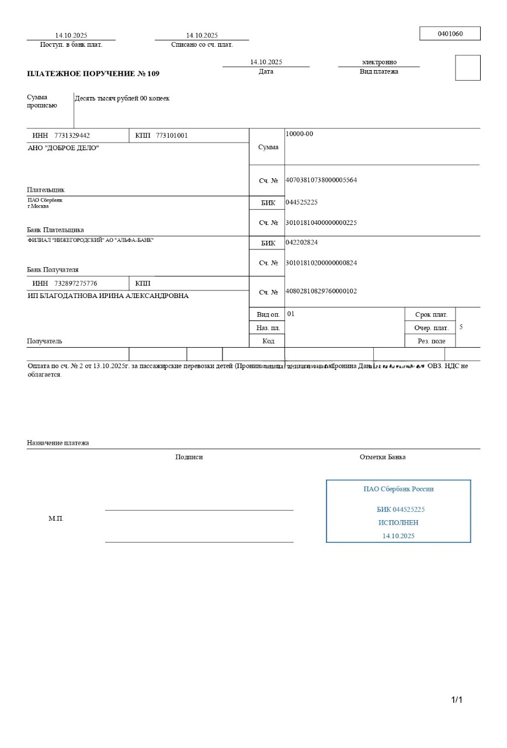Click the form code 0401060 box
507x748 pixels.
450,34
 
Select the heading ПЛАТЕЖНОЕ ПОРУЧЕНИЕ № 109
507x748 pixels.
93,74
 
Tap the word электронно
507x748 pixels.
379,62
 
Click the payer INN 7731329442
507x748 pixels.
72,136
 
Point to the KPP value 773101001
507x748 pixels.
172,136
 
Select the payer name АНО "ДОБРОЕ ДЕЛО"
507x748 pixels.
64,148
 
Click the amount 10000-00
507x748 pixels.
299,134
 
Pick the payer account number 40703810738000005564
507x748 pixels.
321,180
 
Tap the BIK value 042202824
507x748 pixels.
301,242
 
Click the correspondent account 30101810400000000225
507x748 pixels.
321,223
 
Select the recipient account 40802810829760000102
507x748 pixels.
321,291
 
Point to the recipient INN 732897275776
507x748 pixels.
75,283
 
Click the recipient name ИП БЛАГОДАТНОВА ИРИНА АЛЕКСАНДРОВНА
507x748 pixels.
108,296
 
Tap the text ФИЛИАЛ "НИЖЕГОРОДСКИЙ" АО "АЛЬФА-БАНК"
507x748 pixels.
91,240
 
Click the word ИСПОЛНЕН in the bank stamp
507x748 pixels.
398,522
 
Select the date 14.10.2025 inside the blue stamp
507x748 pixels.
398,535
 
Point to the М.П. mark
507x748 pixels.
56,518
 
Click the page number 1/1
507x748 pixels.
456,699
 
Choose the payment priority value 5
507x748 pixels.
461,327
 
